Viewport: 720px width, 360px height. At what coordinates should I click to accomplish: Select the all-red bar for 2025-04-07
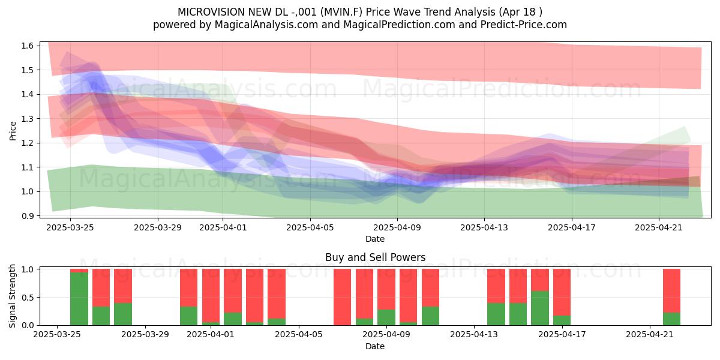[x=343, y=297]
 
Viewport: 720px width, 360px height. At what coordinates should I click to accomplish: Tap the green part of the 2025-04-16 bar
[x=539, y=308]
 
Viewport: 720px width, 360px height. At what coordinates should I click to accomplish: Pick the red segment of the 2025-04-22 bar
[x=672, y=290]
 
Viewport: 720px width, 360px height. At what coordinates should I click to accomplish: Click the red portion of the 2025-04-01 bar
[x=211, y=296]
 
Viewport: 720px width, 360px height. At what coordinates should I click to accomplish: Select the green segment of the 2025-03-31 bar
[x=188, y=316]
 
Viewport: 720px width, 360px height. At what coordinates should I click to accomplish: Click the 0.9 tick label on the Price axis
[x=28, y=215]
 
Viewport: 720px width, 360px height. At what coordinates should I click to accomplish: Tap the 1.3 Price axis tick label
[x=28, y=119]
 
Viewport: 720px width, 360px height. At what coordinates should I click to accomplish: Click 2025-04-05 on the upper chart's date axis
[x=310, y=227]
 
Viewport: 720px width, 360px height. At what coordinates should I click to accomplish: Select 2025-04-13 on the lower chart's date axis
[x=474, y=335]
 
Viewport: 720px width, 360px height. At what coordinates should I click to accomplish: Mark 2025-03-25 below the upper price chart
[x=70, y=227]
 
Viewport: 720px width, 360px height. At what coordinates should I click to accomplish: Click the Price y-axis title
[x=13, y=131]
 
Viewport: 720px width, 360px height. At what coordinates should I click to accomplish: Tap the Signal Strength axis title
[x=12, y=296]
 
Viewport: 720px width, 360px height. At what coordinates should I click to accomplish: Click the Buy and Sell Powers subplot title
[x=375, y=257]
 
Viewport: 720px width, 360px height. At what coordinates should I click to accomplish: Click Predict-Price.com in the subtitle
[x=524, y=25]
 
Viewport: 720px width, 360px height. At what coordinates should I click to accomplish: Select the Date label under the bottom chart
[x=375, y=346]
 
